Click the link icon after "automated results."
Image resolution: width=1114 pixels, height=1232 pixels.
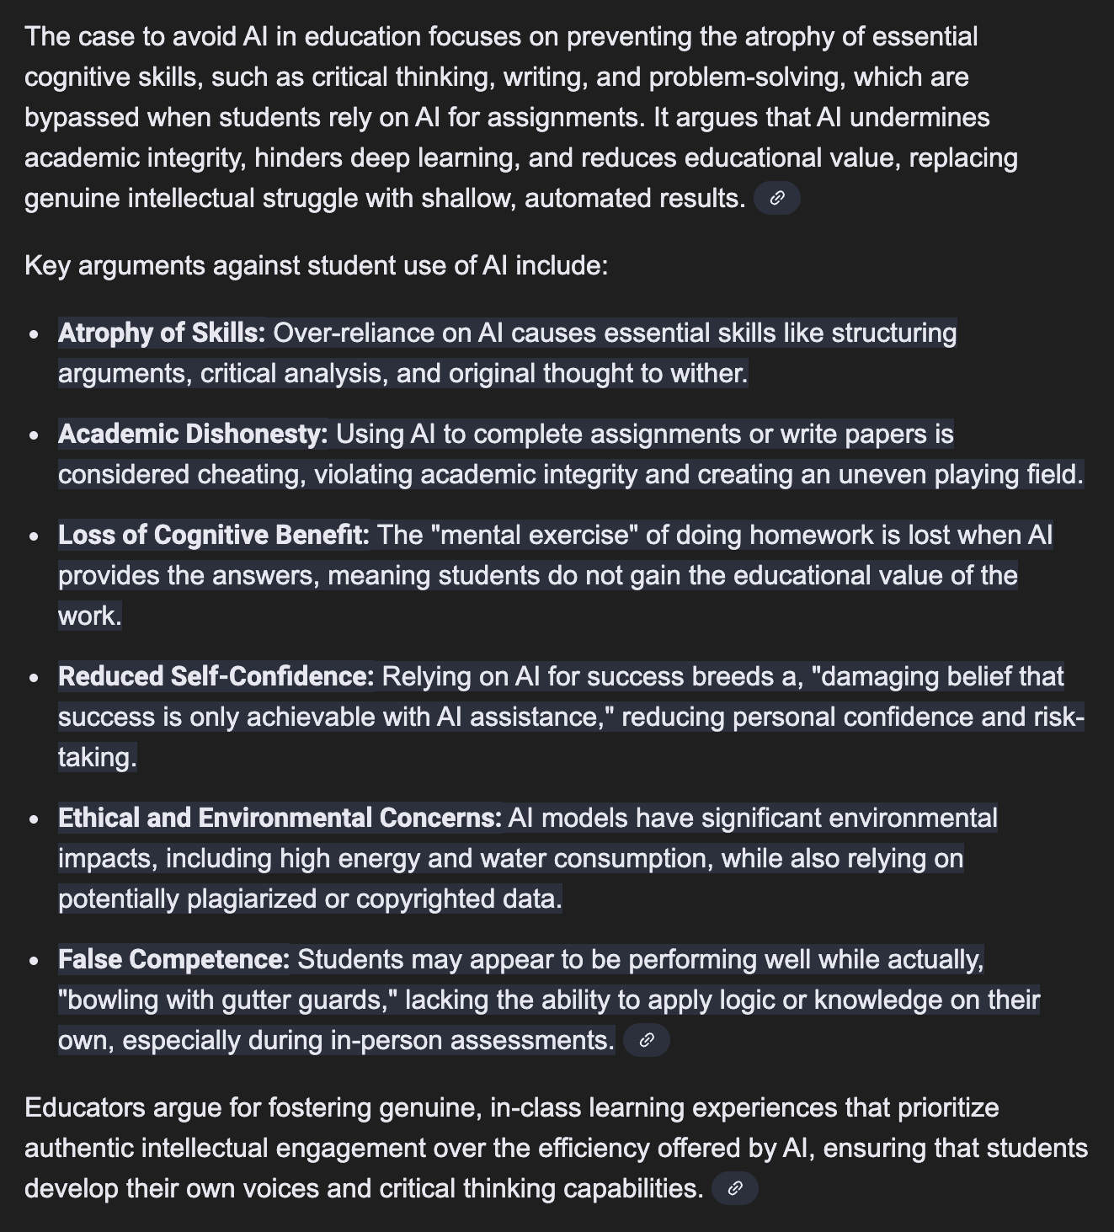click(777, 199)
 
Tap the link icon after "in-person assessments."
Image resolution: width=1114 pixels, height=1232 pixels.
click(647, 1040)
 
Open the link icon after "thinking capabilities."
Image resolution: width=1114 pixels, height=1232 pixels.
click(734, 1188)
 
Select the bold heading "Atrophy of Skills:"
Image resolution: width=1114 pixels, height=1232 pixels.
click(162, 333)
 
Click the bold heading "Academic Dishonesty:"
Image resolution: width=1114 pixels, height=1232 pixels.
click(193, 434)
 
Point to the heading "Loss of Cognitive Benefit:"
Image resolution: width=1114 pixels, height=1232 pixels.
click(214, 535)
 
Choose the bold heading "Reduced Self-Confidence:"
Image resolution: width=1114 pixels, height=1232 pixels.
click(216, 676)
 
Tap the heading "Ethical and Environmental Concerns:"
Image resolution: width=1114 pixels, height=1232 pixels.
click(280, 818)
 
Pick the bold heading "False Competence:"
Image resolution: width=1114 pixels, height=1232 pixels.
click(173, 959)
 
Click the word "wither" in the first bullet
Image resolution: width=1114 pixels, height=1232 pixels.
click(713, 373)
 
